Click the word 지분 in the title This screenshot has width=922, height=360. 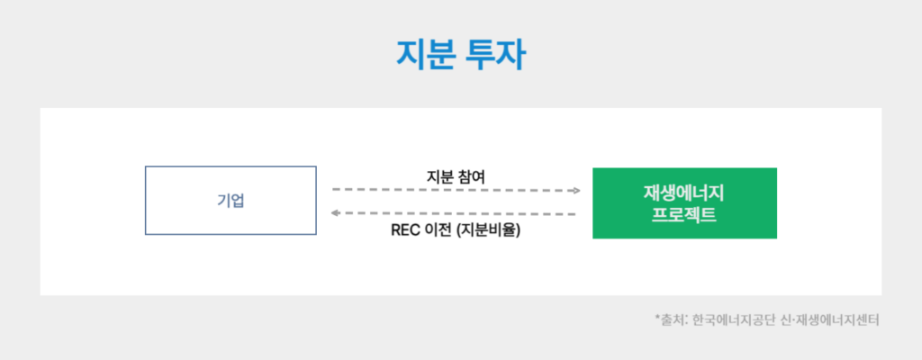(425, 53)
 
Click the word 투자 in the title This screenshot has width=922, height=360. (495, 53)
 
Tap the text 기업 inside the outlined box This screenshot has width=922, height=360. (230, 200)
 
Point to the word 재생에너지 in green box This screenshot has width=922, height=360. (684, 193)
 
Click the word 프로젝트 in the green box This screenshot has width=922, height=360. (684, 214)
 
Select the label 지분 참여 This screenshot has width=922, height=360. (456, 176)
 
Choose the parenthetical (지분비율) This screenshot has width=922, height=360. (489, 229)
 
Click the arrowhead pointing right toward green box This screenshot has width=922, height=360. (576, 191)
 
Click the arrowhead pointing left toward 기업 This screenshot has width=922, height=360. (336, 213)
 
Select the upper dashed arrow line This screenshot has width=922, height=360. (450, 191)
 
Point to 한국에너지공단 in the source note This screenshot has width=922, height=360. (735, 319)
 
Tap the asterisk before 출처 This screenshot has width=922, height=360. (658, 318)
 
